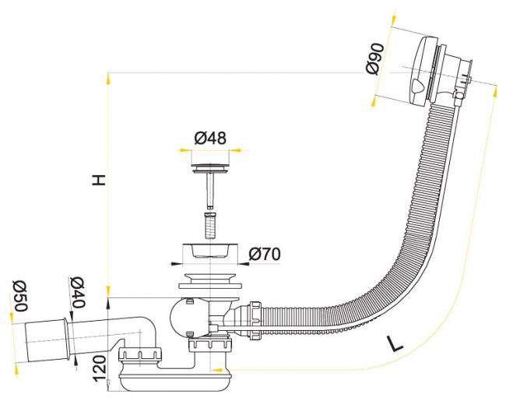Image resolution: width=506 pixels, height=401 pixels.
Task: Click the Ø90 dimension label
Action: [x=375, y=58]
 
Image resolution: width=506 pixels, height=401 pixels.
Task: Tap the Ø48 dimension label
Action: [x=210, y=138]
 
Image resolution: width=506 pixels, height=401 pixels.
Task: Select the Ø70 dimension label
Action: [x=265, y=255]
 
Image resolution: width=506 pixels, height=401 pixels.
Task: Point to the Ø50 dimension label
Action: [x=19, y=295]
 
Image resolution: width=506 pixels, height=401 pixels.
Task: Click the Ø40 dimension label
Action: [x=77, y=292]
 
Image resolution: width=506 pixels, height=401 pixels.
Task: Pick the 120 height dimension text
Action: [x=100, y=368]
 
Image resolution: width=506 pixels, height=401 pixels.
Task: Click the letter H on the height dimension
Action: [x=99, y=180]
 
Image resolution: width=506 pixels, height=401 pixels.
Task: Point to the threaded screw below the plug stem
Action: [x=210, y=225]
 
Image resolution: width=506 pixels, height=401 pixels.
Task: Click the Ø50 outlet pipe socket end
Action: [x=47, y=339]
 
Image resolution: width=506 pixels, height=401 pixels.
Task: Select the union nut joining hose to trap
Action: [x=255, y=321]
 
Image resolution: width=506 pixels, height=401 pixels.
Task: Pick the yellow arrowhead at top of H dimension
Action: [x=108, y=79]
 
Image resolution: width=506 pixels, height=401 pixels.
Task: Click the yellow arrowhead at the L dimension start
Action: [x=217, y=370]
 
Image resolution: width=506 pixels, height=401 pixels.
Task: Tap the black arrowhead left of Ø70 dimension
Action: [x=175, y=263]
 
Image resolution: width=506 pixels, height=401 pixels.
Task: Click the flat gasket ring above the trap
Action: [x=209, y=286]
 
